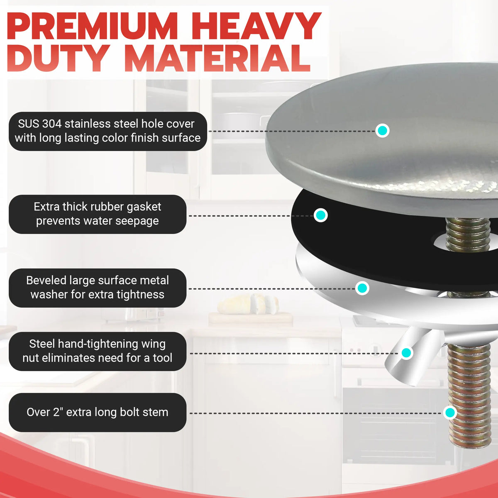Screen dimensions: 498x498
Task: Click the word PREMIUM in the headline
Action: tap(93, 26)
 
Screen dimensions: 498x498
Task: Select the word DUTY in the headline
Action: tap(59, 58)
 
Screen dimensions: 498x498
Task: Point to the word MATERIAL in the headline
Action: tap(217, 58)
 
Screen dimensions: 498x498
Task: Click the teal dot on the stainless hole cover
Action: tap(382, 130)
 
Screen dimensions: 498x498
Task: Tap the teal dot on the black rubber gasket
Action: tap(320, 215)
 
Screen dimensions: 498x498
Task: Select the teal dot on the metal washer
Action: tap(362, 288)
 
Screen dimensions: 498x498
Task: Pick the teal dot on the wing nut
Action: tap(406, 352)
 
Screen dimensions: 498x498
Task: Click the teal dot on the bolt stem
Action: tap(450, 412)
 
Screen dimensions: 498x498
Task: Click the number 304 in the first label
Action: tap(52, 124)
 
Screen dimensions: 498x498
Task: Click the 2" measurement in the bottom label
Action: tap(58, 412)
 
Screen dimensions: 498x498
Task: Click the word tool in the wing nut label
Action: tap(162, 358)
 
